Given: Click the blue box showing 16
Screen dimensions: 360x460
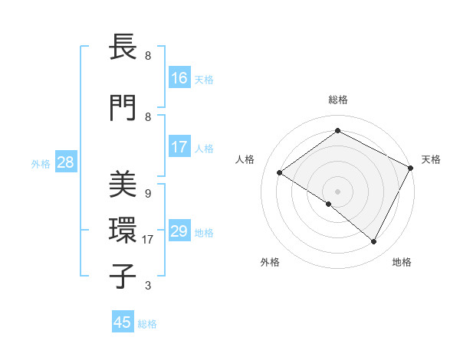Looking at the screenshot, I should tap(179, 78).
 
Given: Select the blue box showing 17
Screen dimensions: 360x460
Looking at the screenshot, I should tap(179, 147).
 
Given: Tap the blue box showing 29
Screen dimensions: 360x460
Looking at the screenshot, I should tap(179, 231).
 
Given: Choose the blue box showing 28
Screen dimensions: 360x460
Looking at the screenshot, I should tap(65, 162).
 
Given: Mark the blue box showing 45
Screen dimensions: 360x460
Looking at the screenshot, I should tap(123, 322).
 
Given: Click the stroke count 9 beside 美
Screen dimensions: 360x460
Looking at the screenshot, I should tap(147, 194).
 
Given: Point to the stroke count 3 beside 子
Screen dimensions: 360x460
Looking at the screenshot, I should tap(147, 286).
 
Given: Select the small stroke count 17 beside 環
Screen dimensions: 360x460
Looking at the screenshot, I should tap(149, 240).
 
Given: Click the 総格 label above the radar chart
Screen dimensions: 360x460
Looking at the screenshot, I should tap(337, 100).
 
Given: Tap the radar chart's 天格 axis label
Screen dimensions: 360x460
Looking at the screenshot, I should tap(431, 159).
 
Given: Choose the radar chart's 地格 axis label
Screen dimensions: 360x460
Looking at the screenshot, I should tap(402, 262).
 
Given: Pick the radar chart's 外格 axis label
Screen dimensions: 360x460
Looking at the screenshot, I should tap(270, 262).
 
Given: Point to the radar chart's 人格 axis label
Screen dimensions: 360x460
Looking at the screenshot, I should tap(245, 159).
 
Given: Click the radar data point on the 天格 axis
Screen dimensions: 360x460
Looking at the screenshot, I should tap(410, 168).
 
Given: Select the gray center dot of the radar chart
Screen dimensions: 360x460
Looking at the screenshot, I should tap(337, 191).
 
